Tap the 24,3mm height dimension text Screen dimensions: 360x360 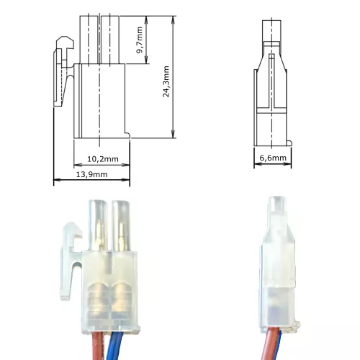pos(166,82)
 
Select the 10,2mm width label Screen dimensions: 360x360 pos(102,158)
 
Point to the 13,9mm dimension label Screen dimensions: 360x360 pos(91,174)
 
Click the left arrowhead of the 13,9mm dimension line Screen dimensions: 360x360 pos(56,181)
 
